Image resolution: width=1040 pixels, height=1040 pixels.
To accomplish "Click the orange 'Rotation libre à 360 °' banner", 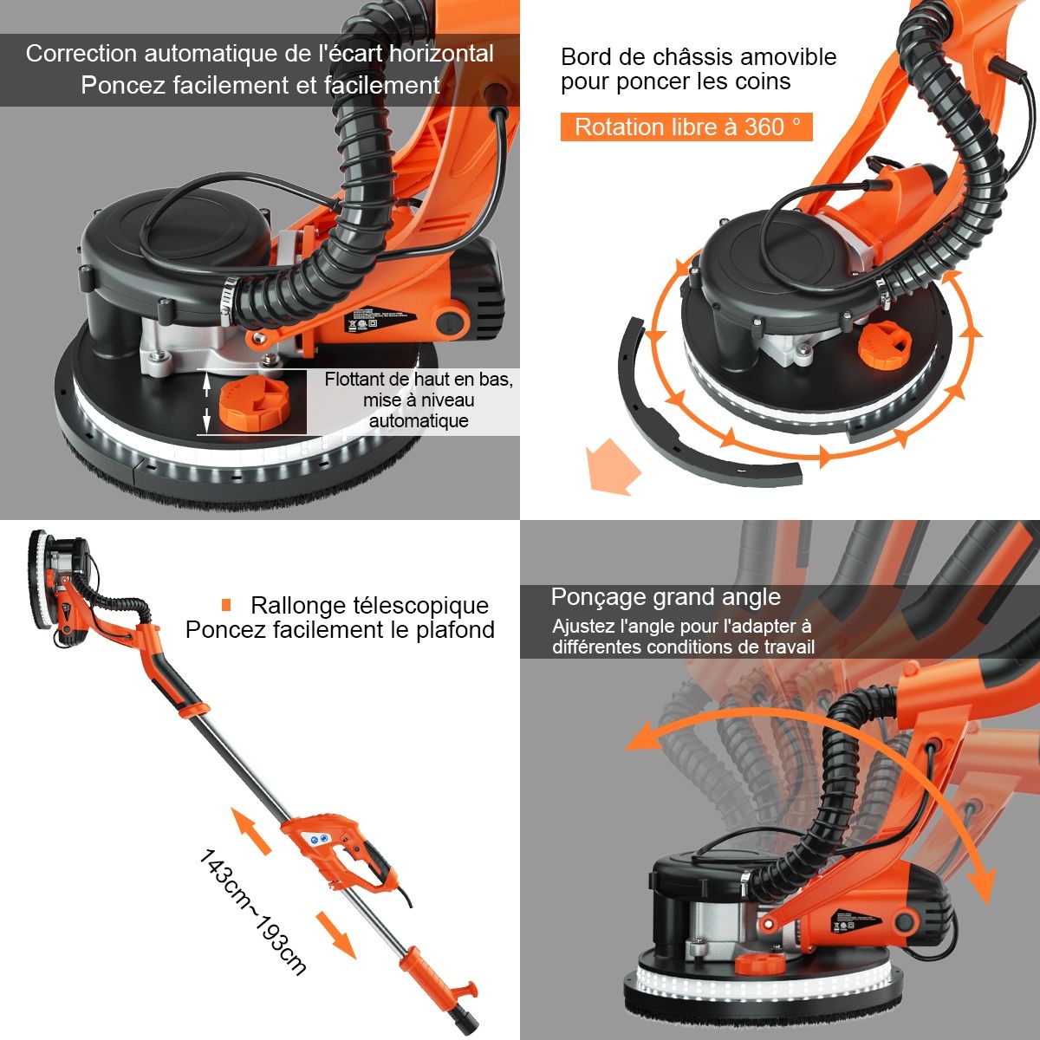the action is tap(686, 127).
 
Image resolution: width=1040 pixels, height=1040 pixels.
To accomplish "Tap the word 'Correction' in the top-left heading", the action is tap(81, 54).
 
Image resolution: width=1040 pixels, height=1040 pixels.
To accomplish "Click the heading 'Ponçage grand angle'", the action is tap(666, 597).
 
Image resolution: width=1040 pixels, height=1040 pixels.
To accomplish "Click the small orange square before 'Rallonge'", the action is tap(226, 605).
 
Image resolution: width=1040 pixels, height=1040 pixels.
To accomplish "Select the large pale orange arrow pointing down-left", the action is tap(613, 466).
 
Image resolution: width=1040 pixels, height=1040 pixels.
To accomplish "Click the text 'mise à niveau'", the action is tap(419, 400).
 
